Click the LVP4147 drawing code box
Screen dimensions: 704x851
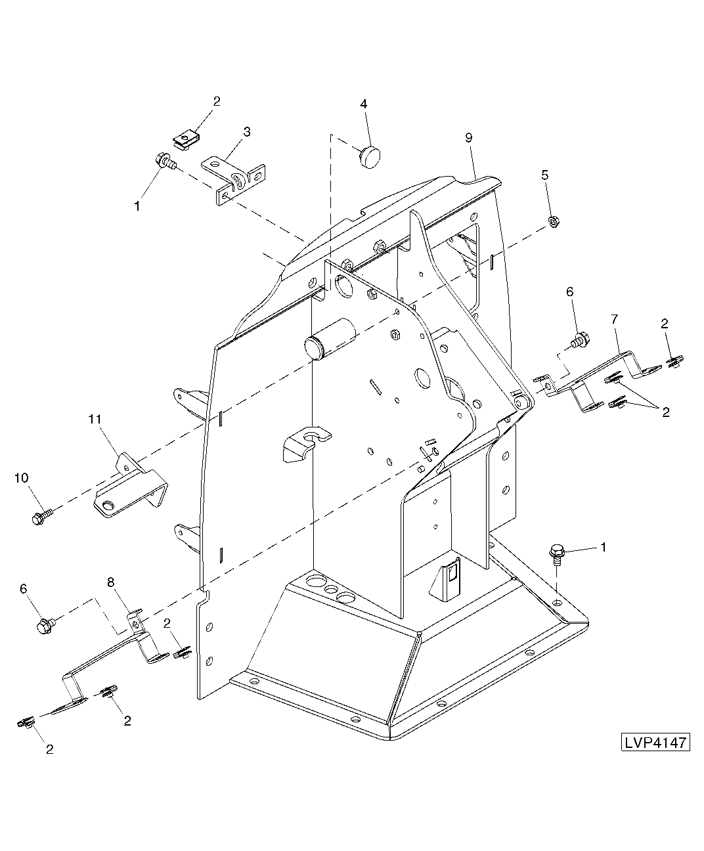[655, 742]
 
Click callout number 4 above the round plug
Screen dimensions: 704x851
[364, 104]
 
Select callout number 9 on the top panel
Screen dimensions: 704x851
[469, 138]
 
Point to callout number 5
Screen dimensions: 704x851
[545, 175]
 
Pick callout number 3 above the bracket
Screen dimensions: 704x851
[247, 131]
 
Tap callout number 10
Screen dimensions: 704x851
[22, 477]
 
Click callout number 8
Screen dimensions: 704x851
[111, 582]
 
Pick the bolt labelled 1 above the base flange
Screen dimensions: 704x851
[556, 554]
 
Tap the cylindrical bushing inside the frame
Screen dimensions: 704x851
[330, 339]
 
